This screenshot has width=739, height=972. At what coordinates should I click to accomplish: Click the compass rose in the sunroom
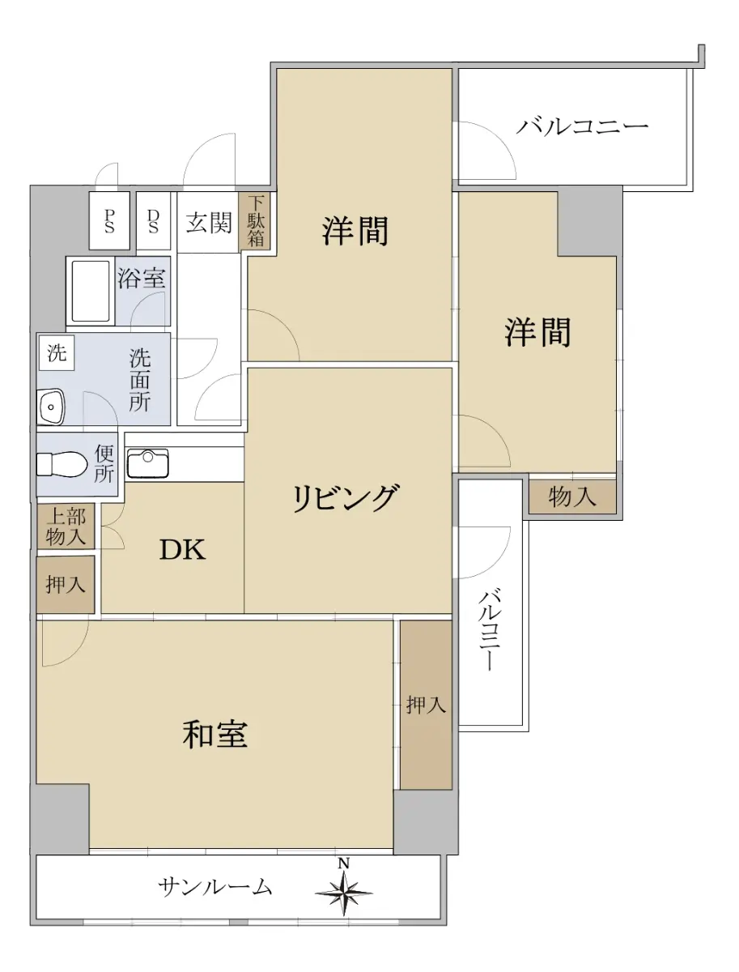click(343, 893)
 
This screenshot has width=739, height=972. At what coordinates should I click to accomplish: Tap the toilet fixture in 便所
click(62, 464)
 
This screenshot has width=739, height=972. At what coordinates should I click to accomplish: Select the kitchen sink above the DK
click(148, 463)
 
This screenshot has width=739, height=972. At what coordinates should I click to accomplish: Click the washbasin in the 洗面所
click(51, 407)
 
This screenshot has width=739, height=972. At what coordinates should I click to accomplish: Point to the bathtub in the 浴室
click(91, 291)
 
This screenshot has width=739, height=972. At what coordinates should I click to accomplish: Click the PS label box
click(109, 220)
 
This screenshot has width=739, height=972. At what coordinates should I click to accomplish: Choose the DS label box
click(153, 220)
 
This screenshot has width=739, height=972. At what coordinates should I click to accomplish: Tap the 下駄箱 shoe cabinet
click(255, 221)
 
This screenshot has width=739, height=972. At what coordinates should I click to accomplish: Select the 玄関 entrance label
click(208, 222)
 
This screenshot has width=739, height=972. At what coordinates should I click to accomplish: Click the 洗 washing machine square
click(57, 352)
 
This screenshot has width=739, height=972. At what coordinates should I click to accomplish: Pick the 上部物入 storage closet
click(66, 526)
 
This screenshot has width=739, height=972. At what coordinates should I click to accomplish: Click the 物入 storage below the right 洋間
click(572, 496)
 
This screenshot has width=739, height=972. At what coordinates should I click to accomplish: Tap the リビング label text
click(346, 498)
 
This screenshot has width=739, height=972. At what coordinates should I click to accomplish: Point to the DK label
click(183, 549)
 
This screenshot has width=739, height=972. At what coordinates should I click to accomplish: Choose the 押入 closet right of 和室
click(426, 705)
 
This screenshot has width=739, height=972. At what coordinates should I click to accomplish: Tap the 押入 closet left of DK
click(66, 585)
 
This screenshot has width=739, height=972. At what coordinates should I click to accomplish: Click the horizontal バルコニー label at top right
click(582, 126)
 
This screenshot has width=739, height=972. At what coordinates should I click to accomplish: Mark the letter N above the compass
click(344, 863)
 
